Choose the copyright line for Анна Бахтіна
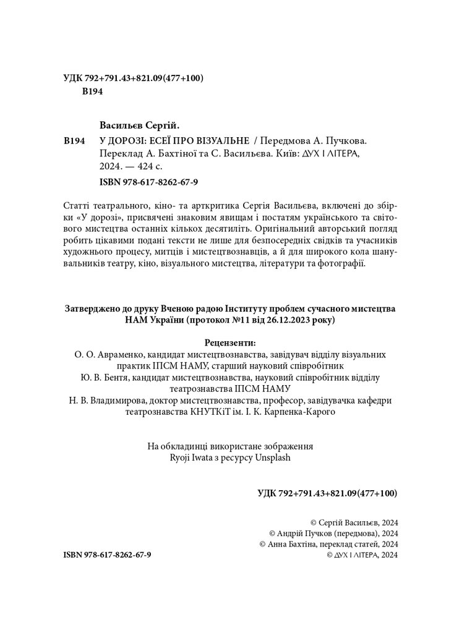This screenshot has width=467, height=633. tap(329, 544)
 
